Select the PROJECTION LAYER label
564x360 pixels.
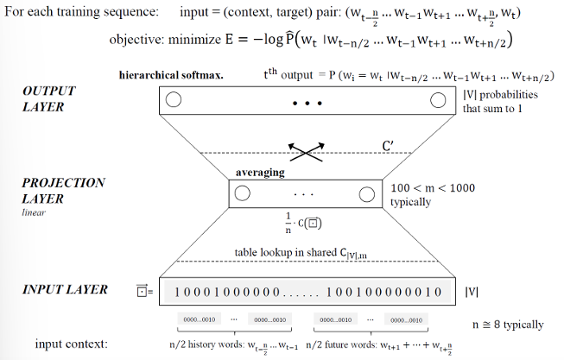[x=64, y=190]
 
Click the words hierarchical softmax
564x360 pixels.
[x=171, y=75]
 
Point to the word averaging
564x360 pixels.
[x=260, y=173]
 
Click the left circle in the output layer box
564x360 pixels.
[x=173, y=100]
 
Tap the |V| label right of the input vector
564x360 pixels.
[x=472, y=291]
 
